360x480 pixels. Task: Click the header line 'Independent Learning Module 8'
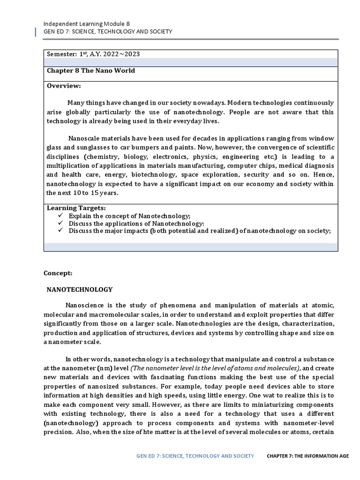pos(87,23)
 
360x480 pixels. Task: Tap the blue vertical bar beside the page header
pos(37,32)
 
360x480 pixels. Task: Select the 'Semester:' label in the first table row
pos(62,54)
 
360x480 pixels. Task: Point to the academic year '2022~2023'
pos(121,54)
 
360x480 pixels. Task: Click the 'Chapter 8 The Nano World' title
pos(90,71)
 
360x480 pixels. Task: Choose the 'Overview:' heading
pos(64,86)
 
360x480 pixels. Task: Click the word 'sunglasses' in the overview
pos(88,148)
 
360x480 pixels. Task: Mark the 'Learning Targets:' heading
pos(76,208)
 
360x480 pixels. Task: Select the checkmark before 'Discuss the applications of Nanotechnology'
pos(60,224)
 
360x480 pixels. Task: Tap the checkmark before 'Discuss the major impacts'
pos(60,231)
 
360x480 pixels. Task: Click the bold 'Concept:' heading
pos(58,273)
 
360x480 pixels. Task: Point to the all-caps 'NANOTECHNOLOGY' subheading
pos(80,290)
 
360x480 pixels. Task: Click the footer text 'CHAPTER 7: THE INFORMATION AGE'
pos(307,456)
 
